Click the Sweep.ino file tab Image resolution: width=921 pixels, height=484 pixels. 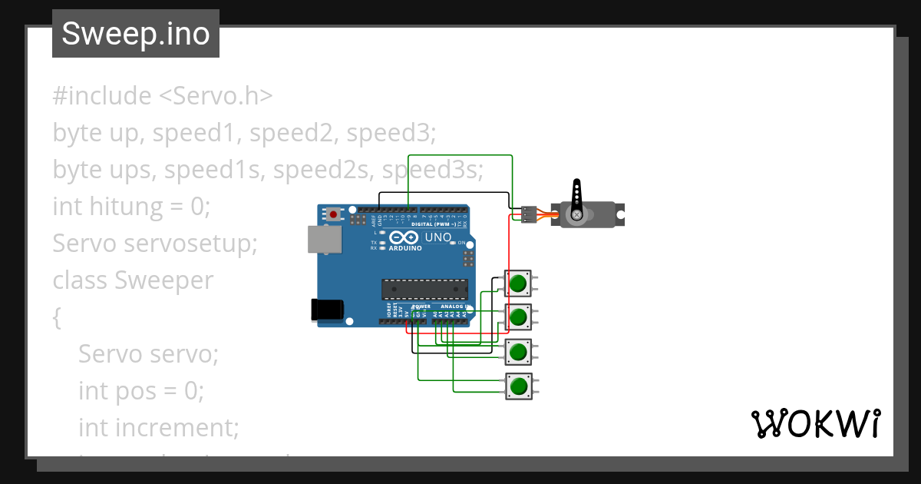point(136,34)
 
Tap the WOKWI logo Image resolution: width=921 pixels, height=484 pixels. point(815,424)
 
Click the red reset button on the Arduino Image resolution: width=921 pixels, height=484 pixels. point(333,214)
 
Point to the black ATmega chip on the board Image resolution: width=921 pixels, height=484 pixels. point(424,288)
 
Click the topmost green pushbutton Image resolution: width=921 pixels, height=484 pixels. point(519,283)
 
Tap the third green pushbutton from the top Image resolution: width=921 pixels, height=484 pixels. point(519,352)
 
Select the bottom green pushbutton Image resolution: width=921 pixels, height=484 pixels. point(519,385)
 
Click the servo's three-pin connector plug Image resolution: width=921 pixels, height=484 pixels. point(528,214)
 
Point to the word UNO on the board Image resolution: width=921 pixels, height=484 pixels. point(437,237)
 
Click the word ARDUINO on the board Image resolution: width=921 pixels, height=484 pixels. point(404,248)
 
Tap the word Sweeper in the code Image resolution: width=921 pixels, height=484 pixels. point(163,280)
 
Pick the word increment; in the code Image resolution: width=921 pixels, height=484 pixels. point(177,427)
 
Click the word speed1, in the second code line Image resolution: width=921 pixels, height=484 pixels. point(196,133)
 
